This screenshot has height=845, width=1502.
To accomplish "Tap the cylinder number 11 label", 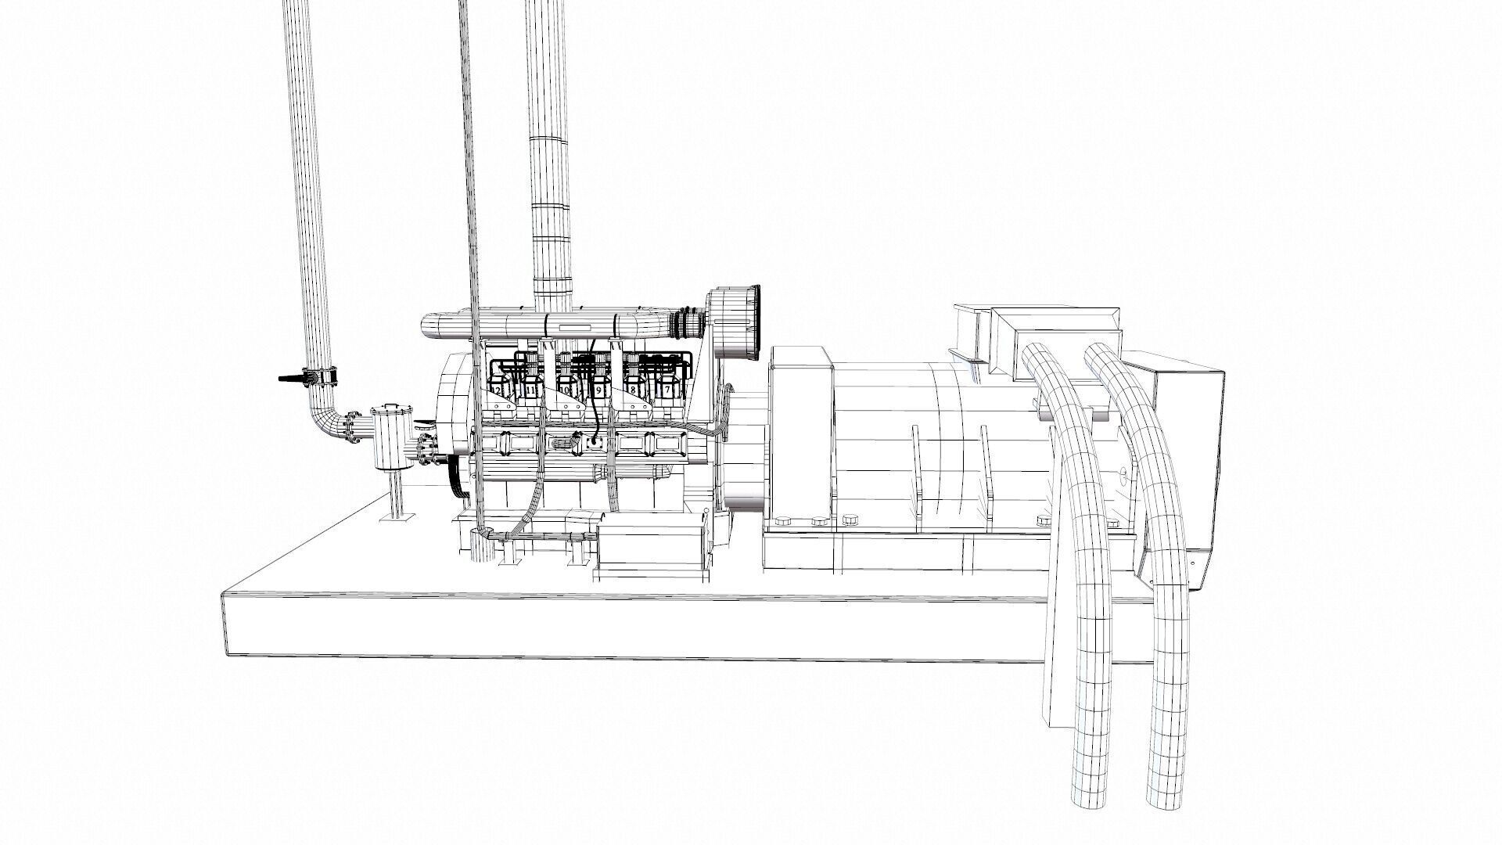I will tap(531, 389).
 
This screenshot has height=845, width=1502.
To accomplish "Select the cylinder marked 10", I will tap(563, 389).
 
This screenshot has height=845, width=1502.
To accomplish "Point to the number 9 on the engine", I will tap(598, 389).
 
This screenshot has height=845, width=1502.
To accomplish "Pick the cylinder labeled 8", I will tap(632, 389).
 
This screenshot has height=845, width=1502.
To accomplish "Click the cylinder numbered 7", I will tap(667, 389).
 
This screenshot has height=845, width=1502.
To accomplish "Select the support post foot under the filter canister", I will tap(397, 516).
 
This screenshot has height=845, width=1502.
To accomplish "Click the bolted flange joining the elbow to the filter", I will tap(356, 426).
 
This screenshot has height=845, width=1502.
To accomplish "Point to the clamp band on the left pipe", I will tap(322, 378).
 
